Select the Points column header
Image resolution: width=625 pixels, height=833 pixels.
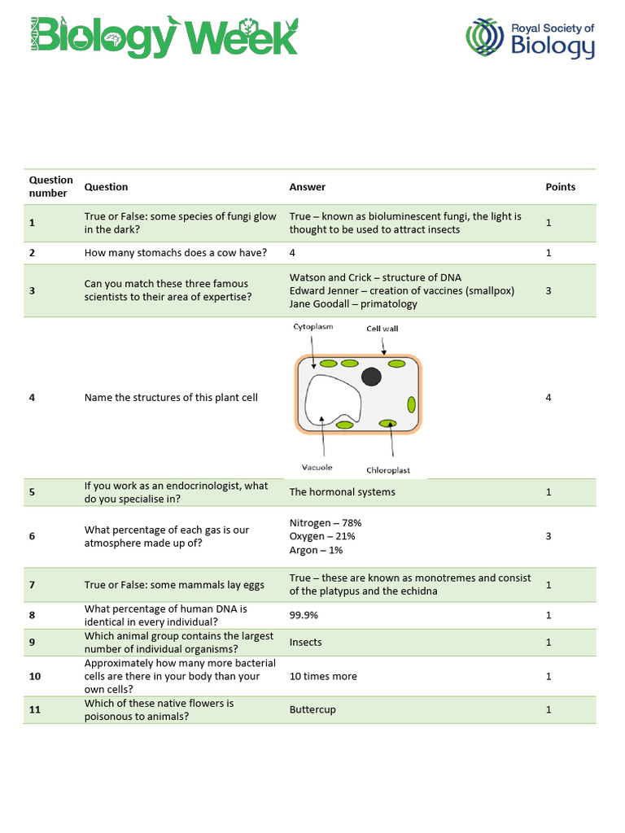coord(560,187)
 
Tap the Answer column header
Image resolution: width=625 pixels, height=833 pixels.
coord(307,187)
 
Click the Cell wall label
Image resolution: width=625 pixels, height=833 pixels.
coord(382,329)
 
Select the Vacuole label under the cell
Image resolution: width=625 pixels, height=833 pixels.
coord(318,468)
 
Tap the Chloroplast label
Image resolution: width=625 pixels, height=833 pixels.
coord(388,470)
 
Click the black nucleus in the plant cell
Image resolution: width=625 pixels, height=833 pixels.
coord(371,376)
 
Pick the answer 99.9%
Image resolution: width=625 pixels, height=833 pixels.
coord(304,615)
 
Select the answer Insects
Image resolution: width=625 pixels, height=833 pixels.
coord(305,642)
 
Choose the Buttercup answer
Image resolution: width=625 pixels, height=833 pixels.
coord(312,709)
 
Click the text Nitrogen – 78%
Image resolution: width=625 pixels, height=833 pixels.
coord(325,523)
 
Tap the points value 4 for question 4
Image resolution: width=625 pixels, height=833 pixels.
coord(549,398)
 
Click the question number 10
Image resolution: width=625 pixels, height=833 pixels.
coord(34,676)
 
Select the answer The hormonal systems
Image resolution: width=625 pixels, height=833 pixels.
coord(342,491)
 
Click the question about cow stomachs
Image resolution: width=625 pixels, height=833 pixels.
coord(175,252)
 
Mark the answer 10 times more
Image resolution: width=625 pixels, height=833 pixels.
coord(322,676)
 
